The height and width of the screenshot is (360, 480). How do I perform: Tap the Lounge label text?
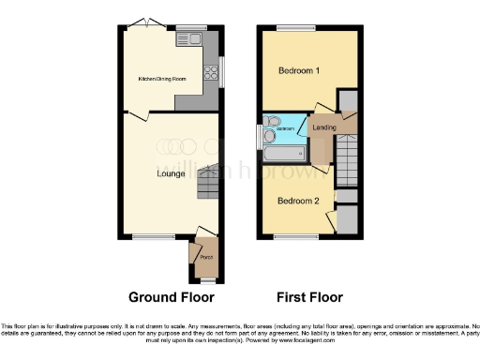coord(170,173)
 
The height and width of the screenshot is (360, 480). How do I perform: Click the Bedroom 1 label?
coord(299,71)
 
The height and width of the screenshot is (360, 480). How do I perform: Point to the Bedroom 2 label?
coord(299,200)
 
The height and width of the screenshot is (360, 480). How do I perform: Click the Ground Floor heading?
coord(171,297)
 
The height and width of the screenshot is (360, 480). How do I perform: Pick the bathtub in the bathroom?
coord(287,150)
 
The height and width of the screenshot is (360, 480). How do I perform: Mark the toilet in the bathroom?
coord(272,123)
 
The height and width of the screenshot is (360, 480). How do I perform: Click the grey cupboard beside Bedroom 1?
coord(348,100)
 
